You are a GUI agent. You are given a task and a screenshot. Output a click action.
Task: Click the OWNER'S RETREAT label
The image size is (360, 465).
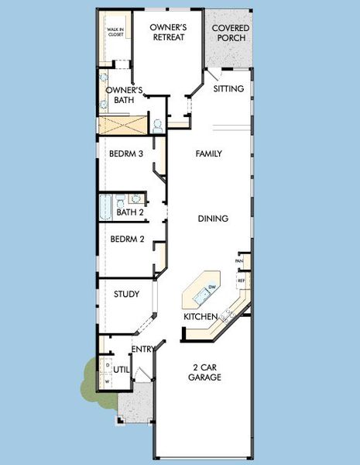pyautogui.click(x=168, y=32)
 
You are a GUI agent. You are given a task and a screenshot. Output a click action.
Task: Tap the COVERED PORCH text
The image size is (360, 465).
pyautogui.click(x=230, y=32)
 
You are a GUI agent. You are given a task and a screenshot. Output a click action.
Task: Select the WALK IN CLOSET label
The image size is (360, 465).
pyautogui.click(x=115, y=33)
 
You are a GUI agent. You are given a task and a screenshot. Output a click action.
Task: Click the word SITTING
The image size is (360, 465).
pyautogui.click(x=228, y=88)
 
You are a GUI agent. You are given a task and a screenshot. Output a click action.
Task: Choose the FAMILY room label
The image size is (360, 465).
pyautogui.click(x=208, y=153)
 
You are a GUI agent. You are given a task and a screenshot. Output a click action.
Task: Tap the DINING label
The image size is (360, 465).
pyautogui.click(x=212, y=219)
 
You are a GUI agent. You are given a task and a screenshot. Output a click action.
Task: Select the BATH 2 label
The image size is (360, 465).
pyautogui.click(x=129, y=212)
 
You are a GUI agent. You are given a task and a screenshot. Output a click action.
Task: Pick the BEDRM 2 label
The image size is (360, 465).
pyautogui.click(x=127, y=239)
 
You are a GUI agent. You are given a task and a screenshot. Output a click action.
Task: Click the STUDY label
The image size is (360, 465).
pyautogui.click(x=126, y=294)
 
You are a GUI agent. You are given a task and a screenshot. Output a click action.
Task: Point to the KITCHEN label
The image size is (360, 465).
pyautogui.click(x=200, y=317)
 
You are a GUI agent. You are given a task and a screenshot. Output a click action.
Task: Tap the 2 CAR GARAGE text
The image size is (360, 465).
pyautogui.click(x=204, y=371)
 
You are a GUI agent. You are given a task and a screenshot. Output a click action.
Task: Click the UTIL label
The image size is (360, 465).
pyautogui.click(x=122, y=370)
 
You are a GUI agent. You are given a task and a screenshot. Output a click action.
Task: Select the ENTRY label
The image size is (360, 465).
pyautogui.click(x=142, y=350)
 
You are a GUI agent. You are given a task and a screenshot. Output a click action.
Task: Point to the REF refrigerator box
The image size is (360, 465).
pyautogui.click(x=241, y=280)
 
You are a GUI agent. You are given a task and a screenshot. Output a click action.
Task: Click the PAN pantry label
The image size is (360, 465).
pyautogui.click(x=241, y=261)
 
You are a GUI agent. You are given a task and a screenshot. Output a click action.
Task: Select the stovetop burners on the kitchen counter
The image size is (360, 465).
pyautogui.click(x=228, y=315)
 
